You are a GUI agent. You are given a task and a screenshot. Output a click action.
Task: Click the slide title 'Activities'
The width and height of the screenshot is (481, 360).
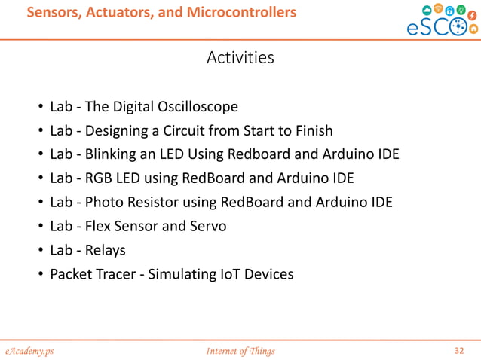coord(240,58)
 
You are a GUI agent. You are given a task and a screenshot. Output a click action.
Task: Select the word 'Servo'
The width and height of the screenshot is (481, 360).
coord(209,226)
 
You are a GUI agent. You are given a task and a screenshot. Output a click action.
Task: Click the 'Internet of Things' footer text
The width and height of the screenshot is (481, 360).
coord(240,351)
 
